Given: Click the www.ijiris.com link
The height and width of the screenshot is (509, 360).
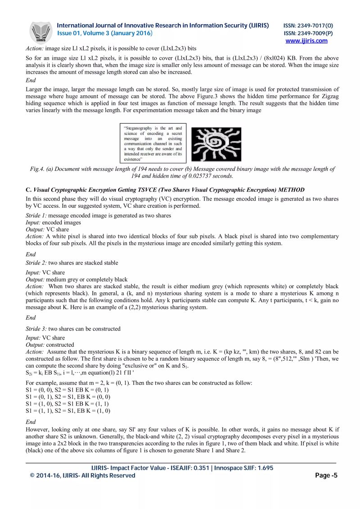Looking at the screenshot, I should click(306, 41).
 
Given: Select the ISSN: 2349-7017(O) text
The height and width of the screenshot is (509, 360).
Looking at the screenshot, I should click(308, 26).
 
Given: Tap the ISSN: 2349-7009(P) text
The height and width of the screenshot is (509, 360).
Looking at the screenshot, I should click(308, 33).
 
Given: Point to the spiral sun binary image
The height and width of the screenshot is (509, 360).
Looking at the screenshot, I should click(217, 144).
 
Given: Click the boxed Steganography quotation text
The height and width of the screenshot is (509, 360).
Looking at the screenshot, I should click(153, 143).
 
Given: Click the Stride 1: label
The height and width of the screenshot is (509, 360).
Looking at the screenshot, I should click(36, 215).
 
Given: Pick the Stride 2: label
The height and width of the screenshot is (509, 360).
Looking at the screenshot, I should click(36, 263).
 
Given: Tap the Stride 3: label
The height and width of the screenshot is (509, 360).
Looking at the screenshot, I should click(36, 329).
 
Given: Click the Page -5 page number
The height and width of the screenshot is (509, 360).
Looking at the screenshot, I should click(326, 475).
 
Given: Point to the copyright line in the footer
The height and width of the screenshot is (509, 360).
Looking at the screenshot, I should click(82, 475).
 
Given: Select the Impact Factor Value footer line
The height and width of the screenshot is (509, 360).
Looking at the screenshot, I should click(182, 468).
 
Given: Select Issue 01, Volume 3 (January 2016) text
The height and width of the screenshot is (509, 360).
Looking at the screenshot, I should click(104, 33).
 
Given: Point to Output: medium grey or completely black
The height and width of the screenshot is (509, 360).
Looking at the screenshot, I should click(76, 279).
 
